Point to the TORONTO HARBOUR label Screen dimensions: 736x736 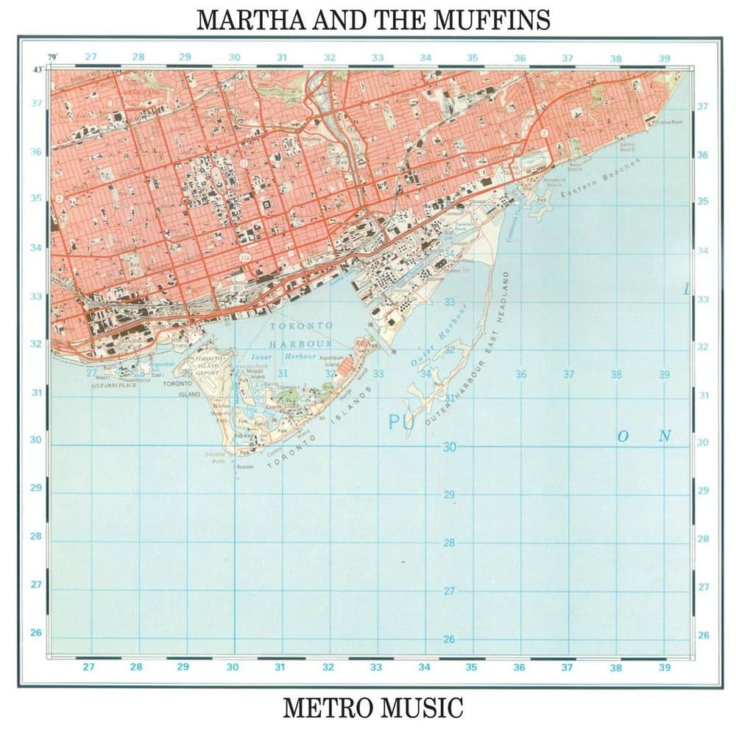[x=301, y=334]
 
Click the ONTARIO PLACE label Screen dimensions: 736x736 [x=115, y=384]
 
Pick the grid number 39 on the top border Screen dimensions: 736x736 [x=664, y=57]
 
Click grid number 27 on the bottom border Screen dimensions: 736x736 [x=88, y=668]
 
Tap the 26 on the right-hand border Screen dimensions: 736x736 [x=703, y=634]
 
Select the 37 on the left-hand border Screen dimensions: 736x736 [x=36, y=103]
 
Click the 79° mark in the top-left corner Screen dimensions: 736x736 [x=52, y=57]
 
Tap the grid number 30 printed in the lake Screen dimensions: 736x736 [x=450, y=447]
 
